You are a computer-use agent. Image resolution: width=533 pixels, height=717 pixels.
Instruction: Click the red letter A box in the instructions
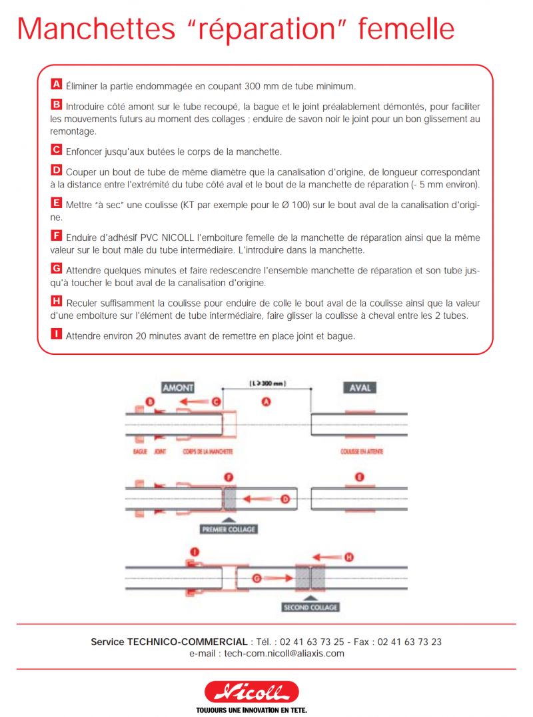click(57, 85)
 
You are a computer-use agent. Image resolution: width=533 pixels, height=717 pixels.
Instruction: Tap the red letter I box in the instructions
click(57, 335)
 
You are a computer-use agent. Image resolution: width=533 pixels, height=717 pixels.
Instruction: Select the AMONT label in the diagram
click(178, 388)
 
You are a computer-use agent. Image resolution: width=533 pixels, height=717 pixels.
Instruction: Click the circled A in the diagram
click(266, 402)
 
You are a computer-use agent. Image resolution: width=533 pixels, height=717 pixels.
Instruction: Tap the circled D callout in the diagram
click(284, 498)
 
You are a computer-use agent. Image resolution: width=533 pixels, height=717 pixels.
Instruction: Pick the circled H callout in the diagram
click(349, 556)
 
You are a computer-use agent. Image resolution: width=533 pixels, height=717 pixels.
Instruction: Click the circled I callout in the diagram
click(194, 552)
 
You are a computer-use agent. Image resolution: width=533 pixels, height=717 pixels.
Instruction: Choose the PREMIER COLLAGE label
click(229, 529)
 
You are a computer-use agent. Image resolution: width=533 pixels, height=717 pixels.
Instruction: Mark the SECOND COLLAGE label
click(310, 607)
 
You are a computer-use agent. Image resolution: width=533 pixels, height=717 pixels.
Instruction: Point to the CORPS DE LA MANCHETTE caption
click(207, 452)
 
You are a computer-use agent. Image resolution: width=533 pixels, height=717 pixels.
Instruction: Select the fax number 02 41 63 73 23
click(409, 642)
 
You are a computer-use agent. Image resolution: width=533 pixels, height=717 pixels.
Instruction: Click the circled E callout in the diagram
click(360, 477)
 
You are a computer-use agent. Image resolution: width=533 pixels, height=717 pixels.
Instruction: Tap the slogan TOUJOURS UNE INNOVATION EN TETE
click(252, 710)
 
